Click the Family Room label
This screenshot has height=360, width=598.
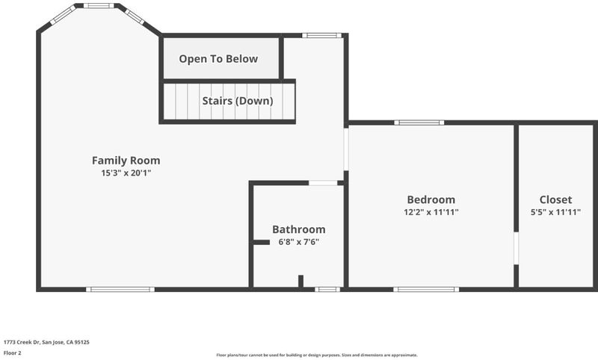pyautogui.click(x=126, y=161)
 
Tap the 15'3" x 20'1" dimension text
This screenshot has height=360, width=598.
pyautogui.click(x=126, y=173)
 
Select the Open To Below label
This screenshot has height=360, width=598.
pyautogui.click(x=218, y=59)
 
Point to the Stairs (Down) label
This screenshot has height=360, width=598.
pyautogui.click(x=238, y=101)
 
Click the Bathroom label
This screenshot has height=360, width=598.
pyautogui.click(x=299, y=229)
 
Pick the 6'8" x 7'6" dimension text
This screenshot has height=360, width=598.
pyautogui.click(x=298, y=242)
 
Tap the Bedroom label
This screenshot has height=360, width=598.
pyautogui.click(x=431, y=199)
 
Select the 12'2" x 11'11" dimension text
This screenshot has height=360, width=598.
pyautogui.click(x=431, y=212)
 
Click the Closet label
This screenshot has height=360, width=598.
pyautogui.click(x=555, y=199)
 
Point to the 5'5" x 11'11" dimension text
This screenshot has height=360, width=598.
pyautogui.click(x=555, y=212)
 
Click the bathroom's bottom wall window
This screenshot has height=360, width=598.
pyautogui.click(x=327, y=290)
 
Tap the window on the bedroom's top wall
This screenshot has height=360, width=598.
pyautogui.click(x=419, y=122)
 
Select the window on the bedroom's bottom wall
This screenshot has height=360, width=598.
pyautogui.click(x=426, y=290)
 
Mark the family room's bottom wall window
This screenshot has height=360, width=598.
pyautogui.click(x=120, y=290)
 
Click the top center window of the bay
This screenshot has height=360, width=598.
pyautogui.click(x=99, y=6)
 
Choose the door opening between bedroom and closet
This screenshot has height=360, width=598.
pyautogui.click(x=516, y=248)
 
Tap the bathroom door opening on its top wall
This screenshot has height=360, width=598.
pyautogui.click(x=323, y=183)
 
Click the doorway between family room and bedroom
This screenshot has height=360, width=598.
pyautogui.click(x=346, y=149)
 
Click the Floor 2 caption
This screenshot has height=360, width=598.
pyautogui.click(x=12, y=353)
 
